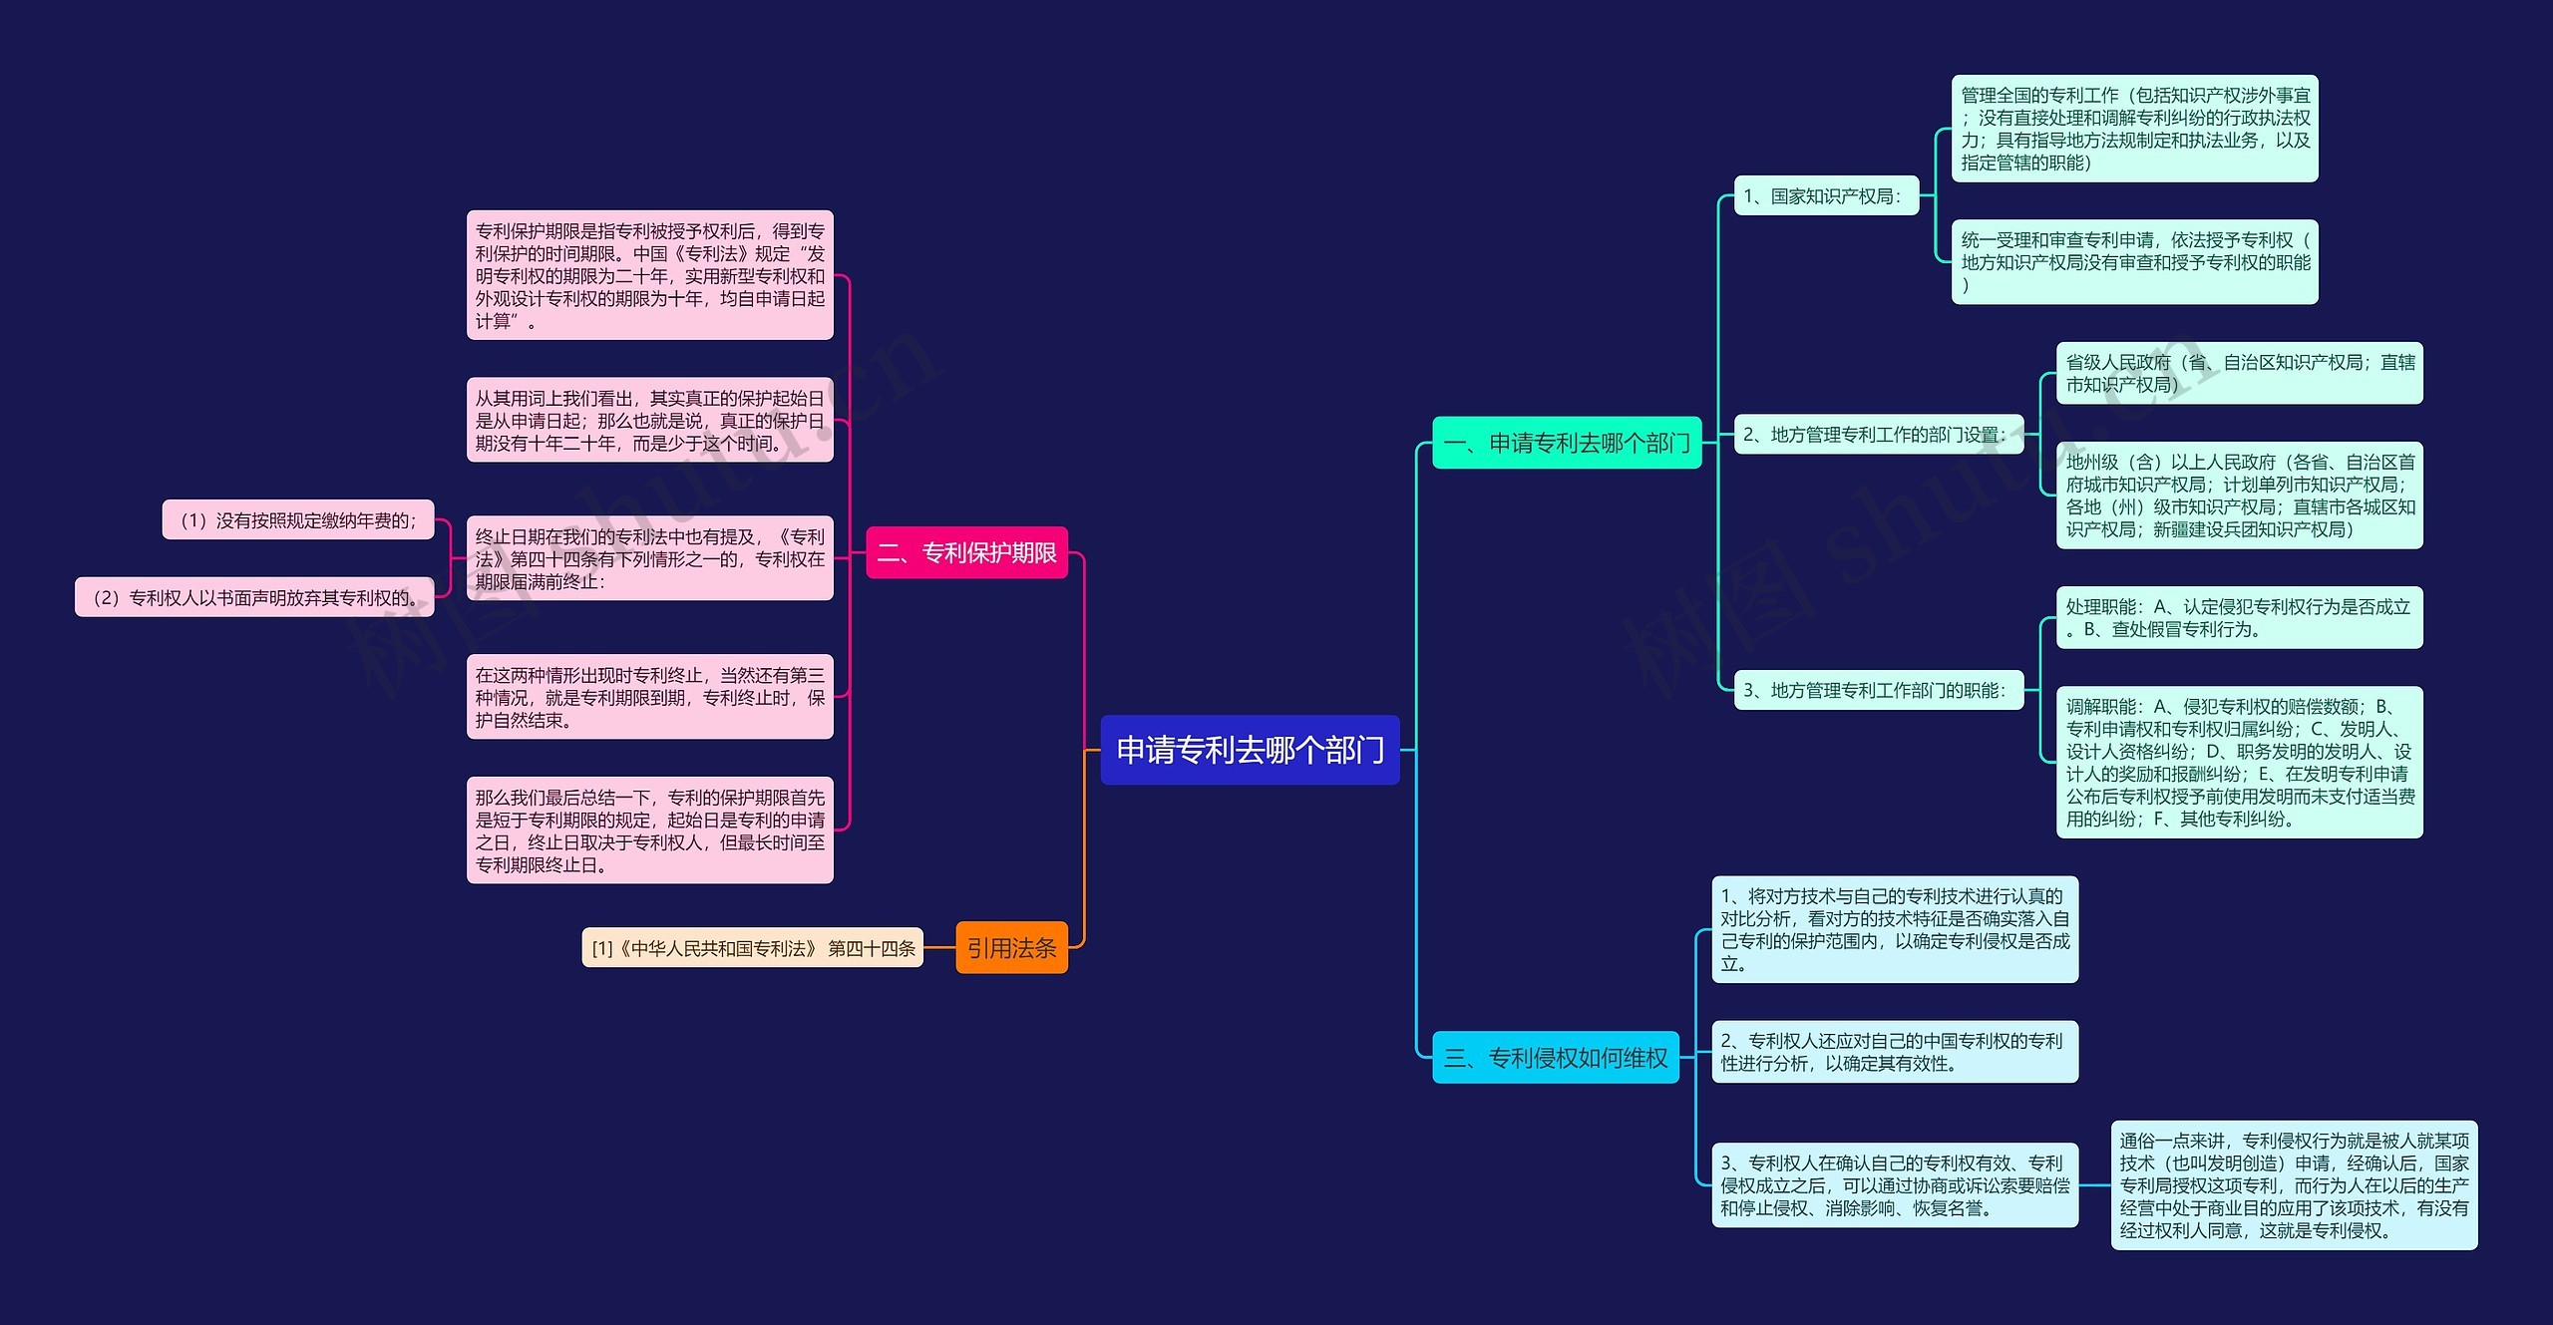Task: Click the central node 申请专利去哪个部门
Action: (1250, 750)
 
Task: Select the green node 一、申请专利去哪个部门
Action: (1567, 443)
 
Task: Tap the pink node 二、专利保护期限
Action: (966, 552)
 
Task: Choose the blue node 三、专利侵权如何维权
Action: (1556, 1057)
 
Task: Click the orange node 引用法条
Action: (1011, 947)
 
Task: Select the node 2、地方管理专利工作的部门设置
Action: (1879, 435)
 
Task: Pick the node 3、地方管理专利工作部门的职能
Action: (1879, 690)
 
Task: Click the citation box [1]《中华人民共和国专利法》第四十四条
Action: (753, 948)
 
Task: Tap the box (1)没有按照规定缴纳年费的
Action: (298, 519)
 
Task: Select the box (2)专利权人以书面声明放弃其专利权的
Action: (254, 597)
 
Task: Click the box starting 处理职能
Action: (2239, 618)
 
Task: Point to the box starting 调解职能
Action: (2239, 763)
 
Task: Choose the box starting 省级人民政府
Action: (2239, 373)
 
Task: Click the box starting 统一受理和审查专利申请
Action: (2134, 262)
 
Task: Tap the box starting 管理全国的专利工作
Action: (2134, 129)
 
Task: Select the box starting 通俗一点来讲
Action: (2294, 1185)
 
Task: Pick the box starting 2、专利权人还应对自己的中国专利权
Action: (1895, 1052)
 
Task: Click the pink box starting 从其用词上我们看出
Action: (649, 420)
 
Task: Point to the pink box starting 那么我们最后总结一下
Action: (649, 830)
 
